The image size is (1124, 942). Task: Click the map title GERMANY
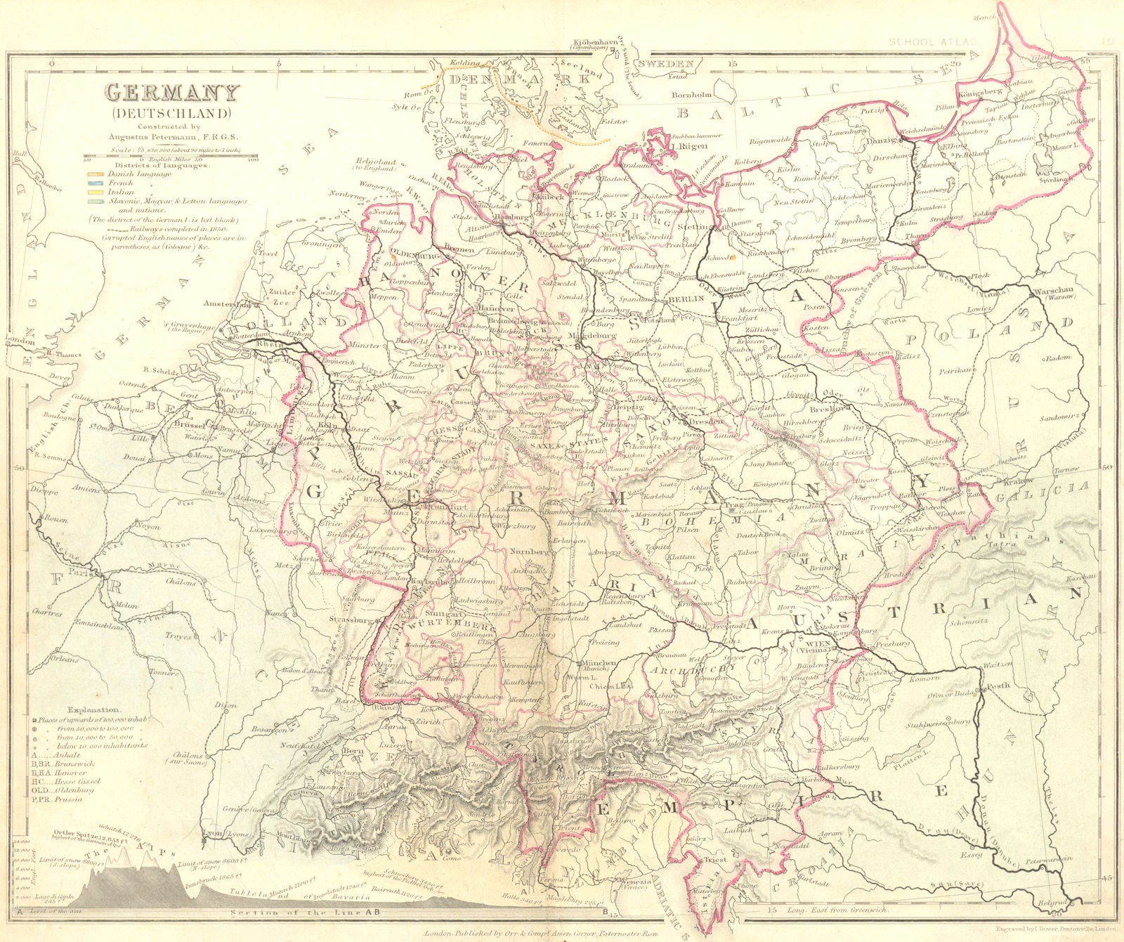[x=172, y=94]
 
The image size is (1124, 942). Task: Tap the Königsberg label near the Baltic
[x=979, y=93]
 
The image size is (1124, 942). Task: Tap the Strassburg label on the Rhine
[x=353, y=621]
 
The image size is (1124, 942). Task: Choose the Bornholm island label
[x=693, y=94]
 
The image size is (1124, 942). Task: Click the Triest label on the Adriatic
[x=711, y=858]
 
